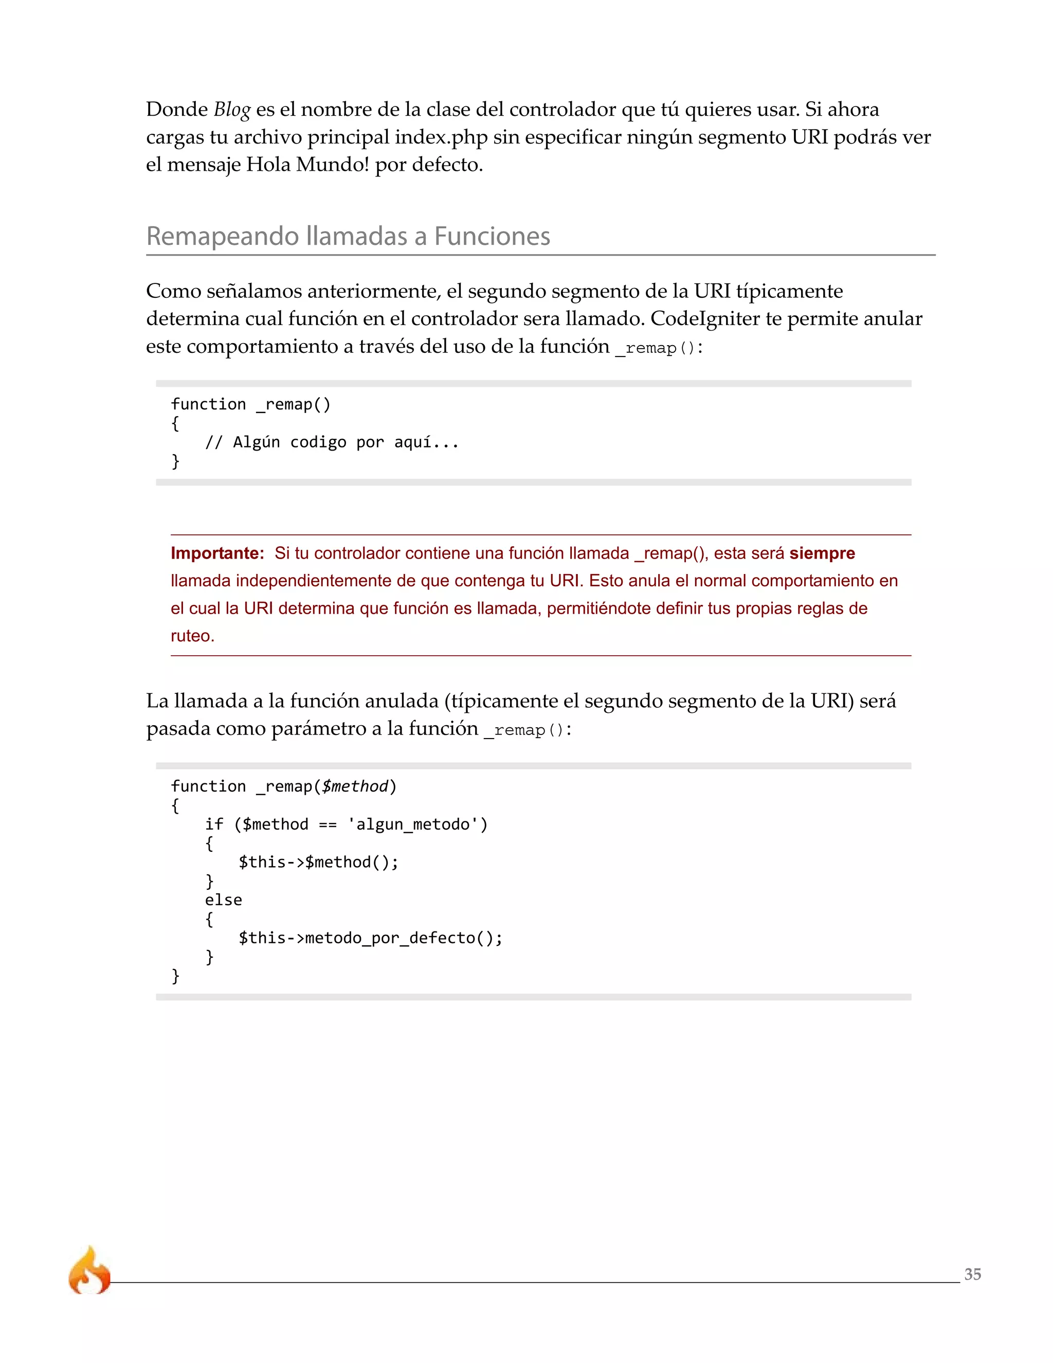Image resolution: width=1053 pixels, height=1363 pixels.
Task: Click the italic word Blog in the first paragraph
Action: (x=232, y=110)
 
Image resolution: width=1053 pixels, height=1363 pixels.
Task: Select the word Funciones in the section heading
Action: (x=492, y=237)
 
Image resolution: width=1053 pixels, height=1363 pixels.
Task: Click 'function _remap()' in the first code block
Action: (x=251, y=404)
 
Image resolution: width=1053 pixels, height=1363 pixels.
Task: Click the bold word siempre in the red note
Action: (x=822, y=553)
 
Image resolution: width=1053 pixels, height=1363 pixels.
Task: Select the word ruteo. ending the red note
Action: (x=193, y=636)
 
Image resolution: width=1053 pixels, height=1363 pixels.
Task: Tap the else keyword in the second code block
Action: (x=223, y=900)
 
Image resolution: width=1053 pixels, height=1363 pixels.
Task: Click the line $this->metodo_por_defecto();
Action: (x=371, y=938)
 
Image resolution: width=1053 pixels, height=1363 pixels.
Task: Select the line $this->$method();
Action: (x=318, y=863)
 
